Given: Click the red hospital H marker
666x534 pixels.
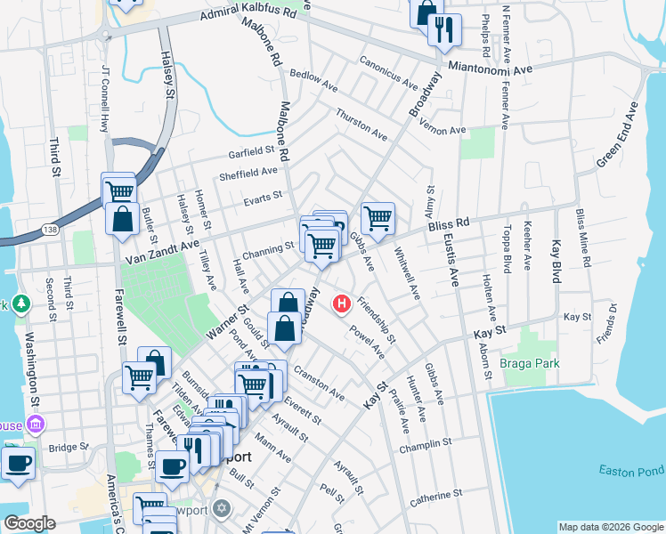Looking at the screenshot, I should (x=340, y=304).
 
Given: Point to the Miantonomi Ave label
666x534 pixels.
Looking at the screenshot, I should (x=491, y=68).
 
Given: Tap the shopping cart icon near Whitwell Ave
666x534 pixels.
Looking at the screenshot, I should (x=378, y=216).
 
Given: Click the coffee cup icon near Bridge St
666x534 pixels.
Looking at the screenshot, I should (x=18, y=462).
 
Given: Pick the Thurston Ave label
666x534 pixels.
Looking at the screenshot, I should (x=361, y=125).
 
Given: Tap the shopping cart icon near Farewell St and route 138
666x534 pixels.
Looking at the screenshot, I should (x=118, y=189).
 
